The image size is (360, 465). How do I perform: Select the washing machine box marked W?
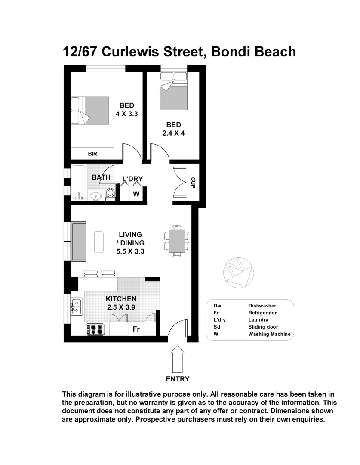[136, 194]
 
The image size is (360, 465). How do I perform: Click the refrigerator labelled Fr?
[136, 329]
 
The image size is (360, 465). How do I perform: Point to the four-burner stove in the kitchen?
[95, 329]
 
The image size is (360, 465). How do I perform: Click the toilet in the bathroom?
[111, 192]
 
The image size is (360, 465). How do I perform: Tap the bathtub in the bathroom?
[78, 183]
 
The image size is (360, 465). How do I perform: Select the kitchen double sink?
[77, 307]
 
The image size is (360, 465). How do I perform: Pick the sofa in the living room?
[79, 241]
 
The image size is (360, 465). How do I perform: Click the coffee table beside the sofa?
[99, 242]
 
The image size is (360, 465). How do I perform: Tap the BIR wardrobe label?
[92, 153]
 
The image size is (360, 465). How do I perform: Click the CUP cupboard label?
[193, 183]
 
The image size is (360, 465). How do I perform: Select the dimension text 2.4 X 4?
[173, 133]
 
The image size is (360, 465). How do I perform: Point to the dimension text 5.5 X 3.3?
[130, 251]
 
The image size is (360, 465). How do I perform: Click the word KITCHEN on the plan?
[121, 299]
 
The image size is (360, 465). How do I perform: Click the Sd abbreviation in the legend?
[217, 327]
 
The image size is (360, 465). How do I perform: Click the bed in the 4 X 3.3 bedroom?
[92, 110]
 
